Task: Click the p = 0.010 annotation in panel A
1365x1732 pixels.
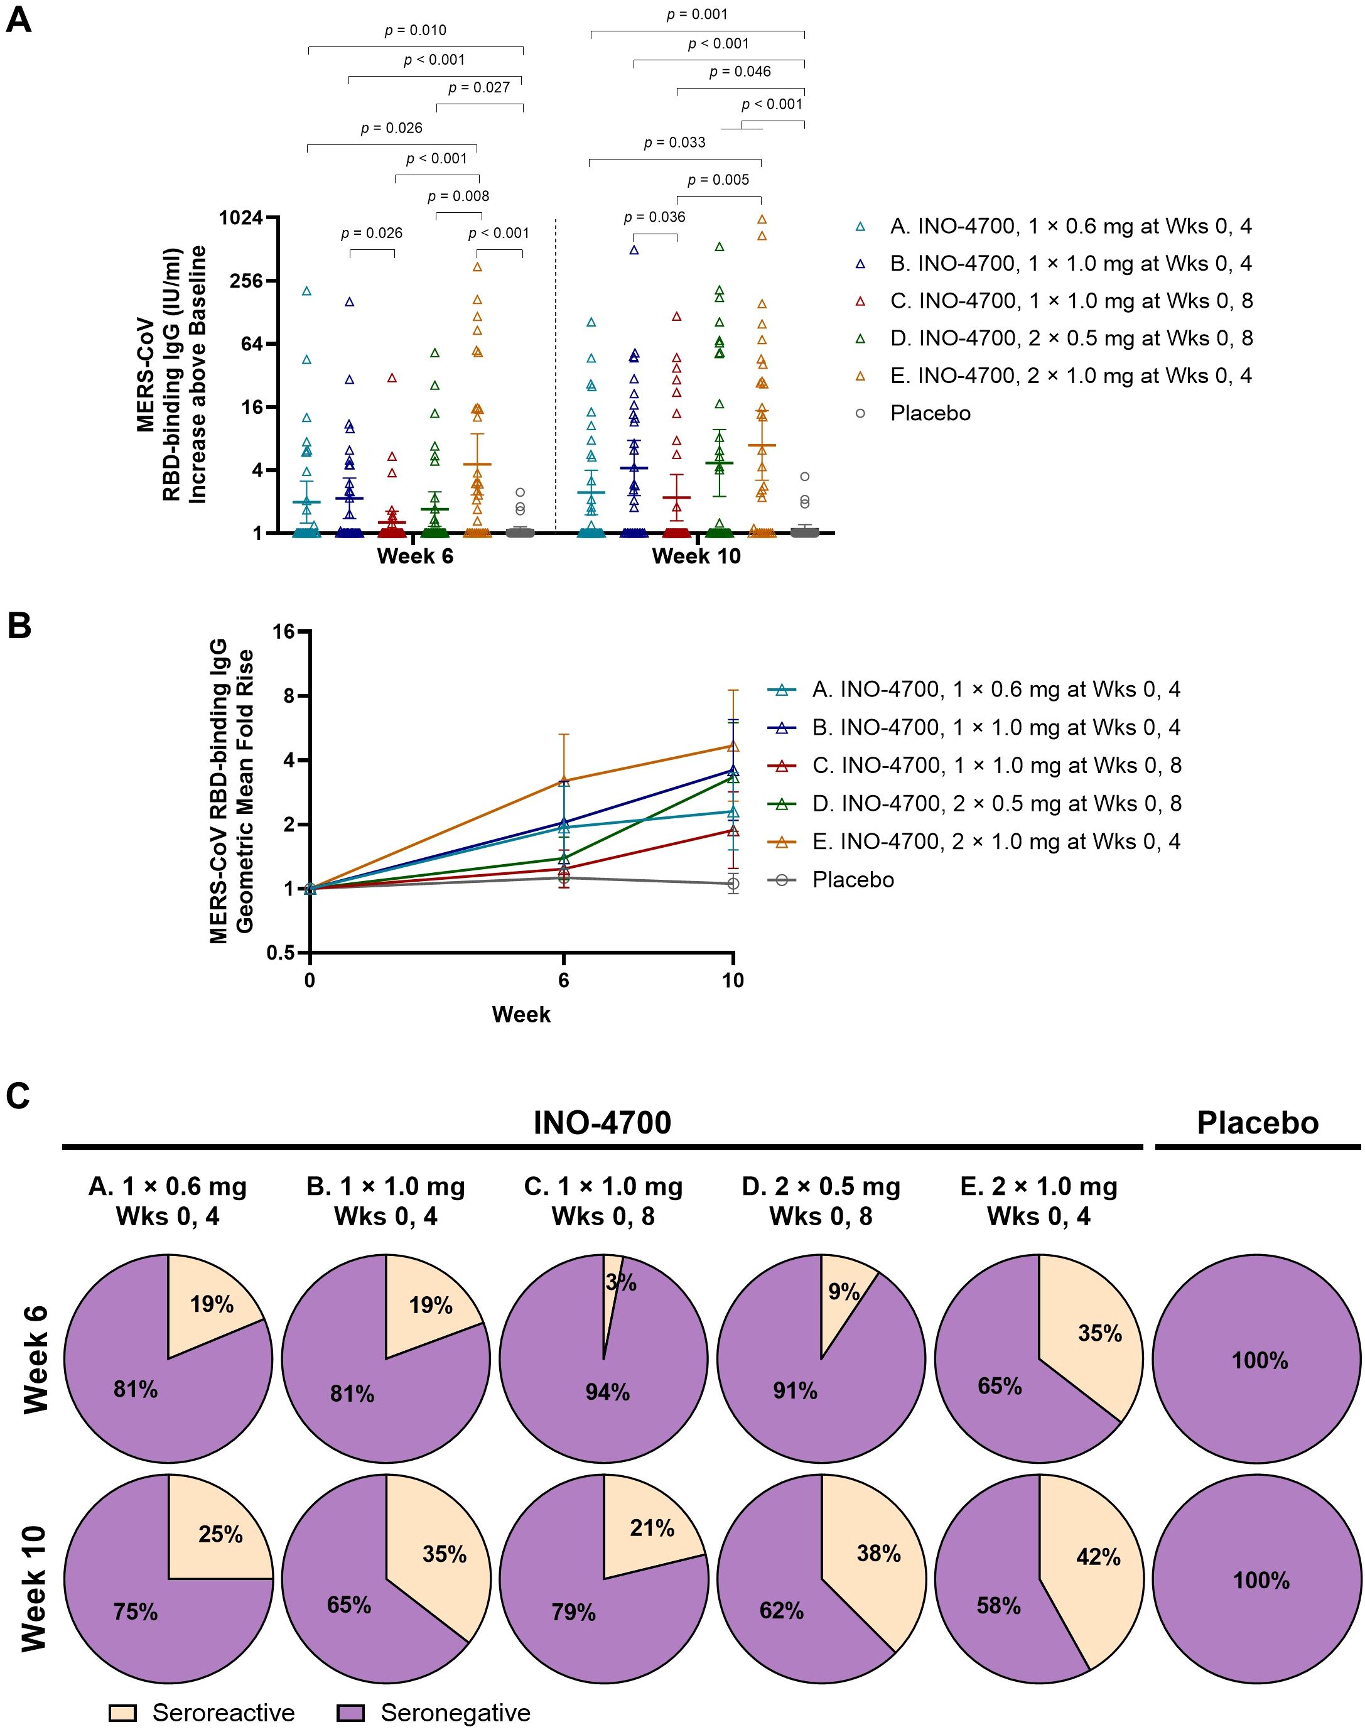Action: (x=415, y=30)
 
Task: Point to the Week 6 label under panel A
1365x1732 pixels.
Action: (x=415, y=556)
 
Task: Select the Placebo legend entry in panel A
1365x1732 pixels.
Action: (x=931, y=413)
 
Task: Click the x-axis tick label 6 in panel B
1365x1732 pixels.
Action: (x=563, y=980)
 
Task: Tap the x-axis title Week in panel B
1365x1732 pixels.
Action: (x=521, y=1014)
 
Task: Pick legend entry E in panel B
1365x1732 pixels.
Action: (x=996, y=842)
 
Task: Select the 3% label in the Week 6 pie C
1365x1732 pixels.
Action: (x=621, y=1283)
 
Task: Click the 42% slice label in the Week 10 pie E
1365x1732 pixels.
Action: (x=1098, y=1557)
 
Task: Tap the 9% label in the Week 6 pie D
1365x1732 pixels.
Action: (x=844, y=1292)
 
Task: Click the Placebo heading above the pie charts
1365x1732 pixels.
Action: (x=1257, y=1123)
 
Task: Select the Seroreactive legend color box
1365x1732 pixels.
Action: (x=122, y=1713)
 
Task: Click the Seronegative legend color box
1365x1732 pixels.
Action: (x=350, y=1713)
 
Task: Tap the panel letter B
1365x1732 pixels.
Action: (x=19, y=626)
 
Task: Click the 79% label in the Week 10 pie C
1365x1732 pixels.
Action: (x=573, y=1612)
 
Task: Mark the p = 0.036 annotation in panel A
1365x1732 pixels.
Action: (x=654, y=217)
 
